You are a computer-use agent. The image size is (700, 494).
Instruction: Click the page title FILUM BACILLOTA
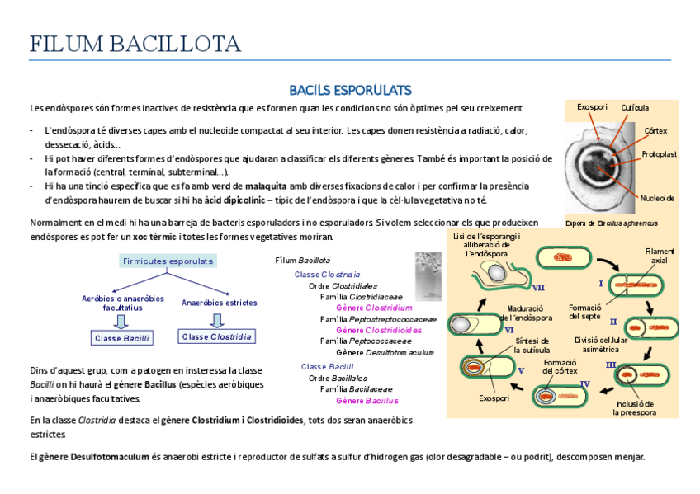tap(135, 44)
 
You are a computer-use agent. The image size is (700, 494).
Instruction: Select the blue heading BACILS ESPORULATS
tap(350, 89)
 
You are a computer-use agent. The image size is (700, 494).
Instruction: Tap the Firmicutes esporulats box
tap(168, 261)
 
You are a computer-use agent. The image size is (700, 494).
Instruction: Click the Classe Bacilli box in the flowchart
tap(122, 338)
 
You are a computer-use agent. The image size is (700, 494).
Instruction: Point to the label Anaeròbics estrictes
tap(219, 303)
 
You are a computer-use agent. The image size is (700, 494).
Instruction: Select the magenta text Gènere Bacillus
tap(367, 401)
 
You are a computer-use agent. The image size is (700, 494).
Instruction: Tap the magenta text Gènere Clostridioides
tap(378, 330)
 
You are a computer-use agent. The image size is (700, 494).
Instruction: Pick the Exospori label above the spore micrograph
tap(592, 107)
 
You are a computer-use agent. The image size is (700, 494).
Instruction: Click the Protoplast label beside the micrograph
tap(659, 154)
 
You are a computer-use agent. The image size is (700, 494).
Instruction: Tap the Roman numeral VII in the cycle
tap(539, 288)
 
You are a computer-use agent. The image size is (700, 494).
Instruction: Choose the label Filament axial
tap(660, 256)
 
